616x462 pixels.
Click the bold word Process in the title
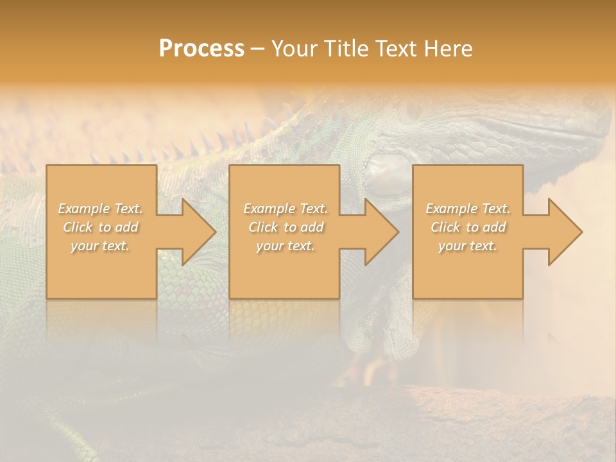(x=201, y=49)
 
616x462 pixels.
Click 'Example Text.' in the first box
(x=101, y=209)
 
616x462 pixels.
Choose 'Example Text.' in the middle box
(x=286, y=209)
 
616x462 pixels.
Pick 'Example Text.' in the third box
(x=468, y=209)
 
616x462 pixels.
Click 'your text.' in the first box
(x=101, y=246)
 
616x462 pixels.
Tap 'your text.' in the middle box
(x=286, y=246)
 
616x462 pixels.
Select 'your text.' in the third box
(x=468, y=246)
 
